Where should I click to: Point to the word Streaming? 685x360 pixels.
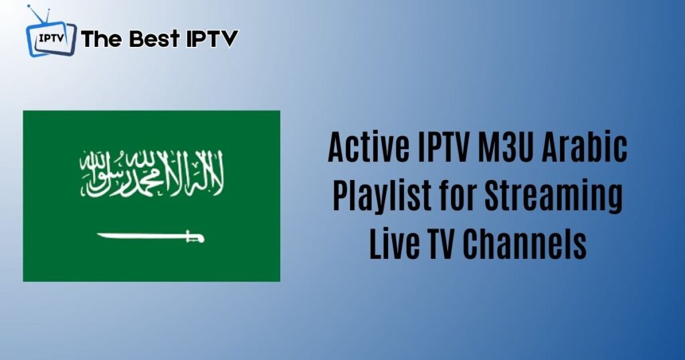[x=553, y=195]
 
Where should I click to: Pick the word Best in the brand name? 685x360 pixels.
[x=155, y=38]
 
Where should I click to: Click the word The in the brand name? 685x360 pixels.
[x=102, y=38]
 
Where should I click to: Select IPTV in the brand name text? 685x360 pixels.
[x=212, y=38]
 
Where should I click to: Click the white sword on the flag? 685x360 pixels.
[x=151, y=237]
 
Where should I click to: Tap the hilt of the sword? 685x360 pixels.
[x=195, y=237]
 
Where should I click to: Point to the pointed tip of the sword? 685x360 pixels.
[x=98, y=235]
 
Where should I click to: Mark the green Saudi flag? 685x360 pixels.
[x=152, y=196]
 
